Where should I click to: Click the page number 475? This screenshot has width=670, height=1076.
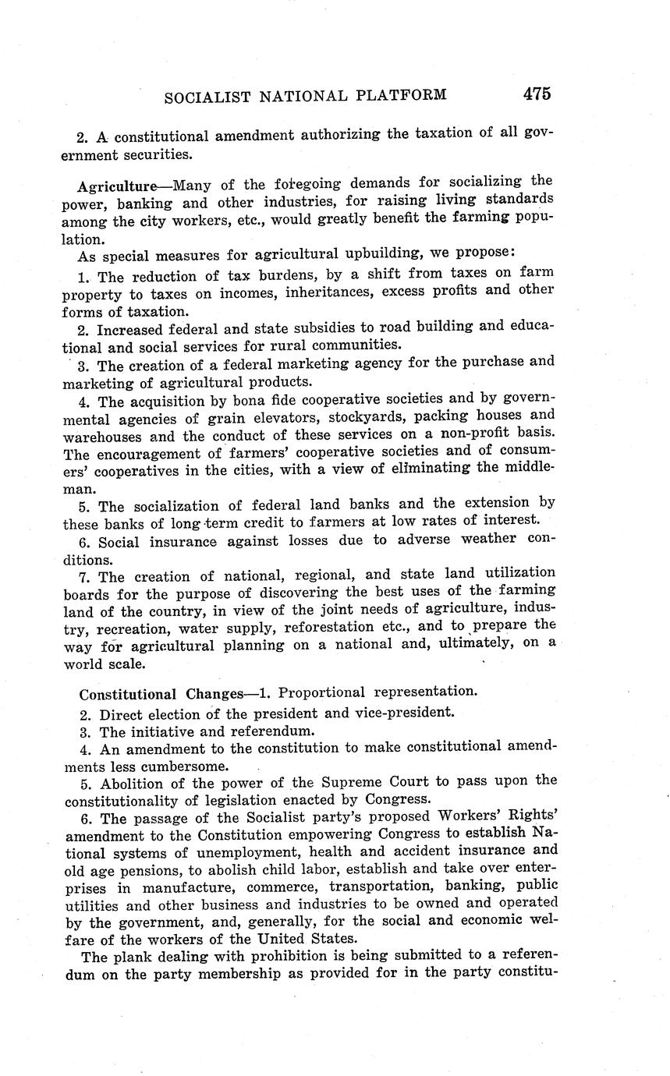click(537, 94)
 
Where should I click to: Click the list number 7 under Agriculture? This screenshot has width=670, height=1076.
click(83, 578)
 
